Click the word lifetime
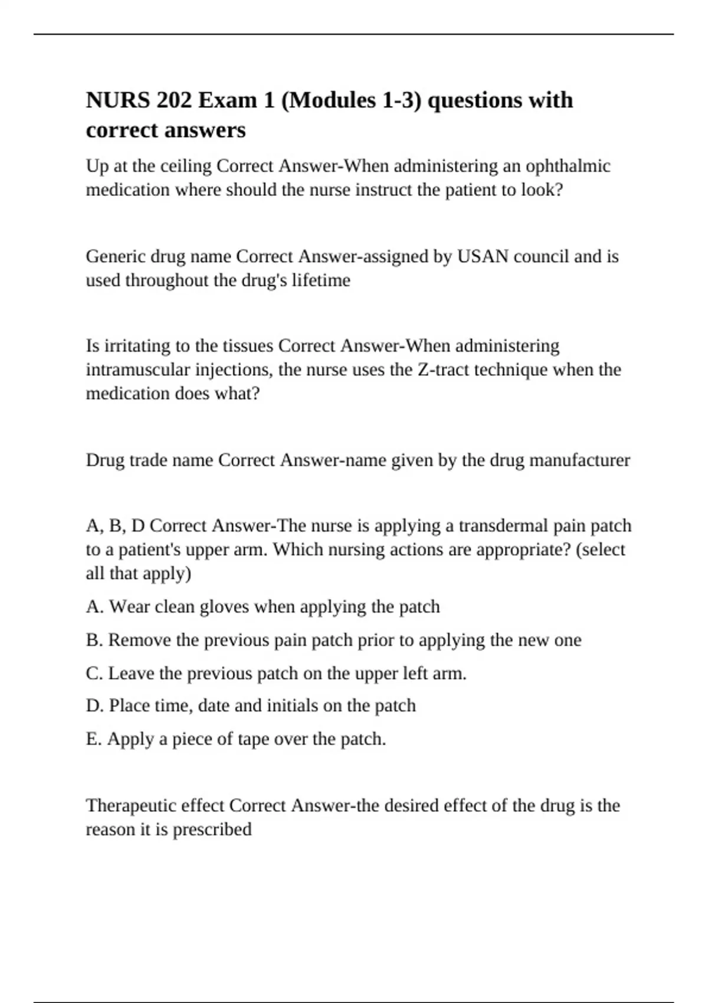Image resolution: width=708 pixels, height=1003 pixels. [x=323, y=280]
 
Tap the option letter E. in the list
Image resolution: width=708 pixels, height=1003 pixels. [x=94, y=739]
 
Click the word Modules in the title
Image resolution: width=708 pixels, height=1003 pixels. [x=331, y=100]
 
